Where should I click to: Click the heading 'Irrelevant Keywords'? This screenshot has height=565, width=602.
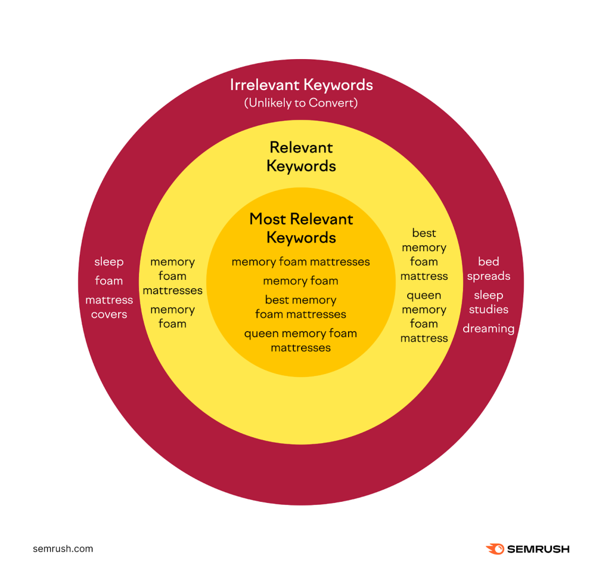[301, 85]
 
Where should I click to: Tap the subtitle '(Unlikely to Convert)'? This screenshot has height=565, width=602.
[301, 103]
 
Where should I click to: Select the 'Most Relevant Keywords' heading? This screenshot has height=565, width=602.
[301, 228]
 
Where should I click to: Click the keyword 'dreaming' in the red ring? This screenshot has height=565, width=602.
[488, 328]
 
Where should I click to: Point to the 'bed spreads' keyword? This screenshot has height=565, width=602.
[488, 268]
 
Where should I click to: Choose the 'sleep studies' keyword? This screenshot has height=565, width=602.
[488, 302]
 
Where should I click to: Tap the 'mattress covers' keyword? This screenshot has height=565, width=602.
[109, 307]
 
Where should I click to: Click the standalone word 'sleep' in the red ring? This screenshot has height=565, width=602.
[109, 261]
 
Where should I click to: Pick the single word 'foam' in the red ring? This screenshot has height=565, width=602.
[109, 280]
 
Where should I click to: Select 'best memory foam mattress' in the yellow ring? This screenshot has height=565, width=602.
[424, 254]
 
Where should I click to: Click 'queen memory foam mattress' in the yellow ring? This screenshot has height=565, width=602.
[424, 316]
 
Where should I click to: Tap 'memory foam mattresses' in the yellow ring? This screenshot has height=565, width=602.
[172, 276]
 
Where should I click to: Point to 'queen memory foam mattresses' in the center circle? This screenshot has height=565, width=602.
[300, 340]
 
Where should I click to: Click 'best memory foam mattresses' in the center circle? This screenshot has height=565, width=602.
[300, 307]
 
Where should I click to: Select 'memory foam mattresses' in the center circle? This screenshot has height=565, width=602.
[300, 261]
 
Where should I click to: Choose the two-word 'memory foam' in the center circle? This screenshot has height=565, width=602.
[300, 280]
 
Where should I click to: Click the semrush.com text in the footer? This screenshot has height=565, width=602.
[63, 549]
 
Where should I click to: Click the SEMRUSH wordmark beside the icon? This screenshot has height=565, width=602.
[539, 549]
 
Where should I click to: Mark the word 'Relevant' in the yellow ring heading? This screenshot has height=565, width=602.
[301, 147]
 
